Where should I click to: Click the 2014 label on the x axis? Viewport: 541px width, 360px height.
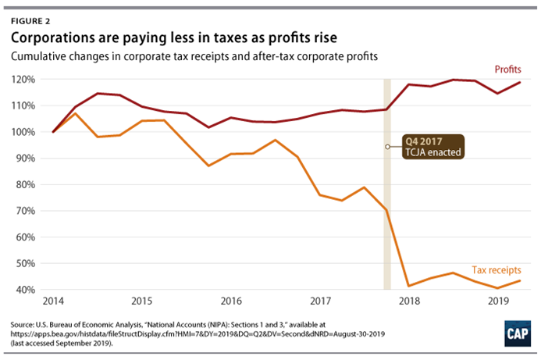pos(53,301)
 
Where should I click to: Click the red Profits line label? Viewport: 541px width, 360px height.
pos(508,70)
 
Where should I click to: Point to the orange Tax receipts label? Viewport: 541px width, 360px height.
pos(497,269)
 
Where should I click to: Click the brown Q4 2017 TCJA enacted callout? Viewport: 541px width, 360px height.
pos(438,147)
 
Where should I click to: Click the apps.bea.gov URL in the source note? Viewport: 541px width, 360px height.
pos(117,332)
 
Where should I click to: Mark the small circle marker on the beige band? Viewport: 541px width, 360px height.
pos(387,146)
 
